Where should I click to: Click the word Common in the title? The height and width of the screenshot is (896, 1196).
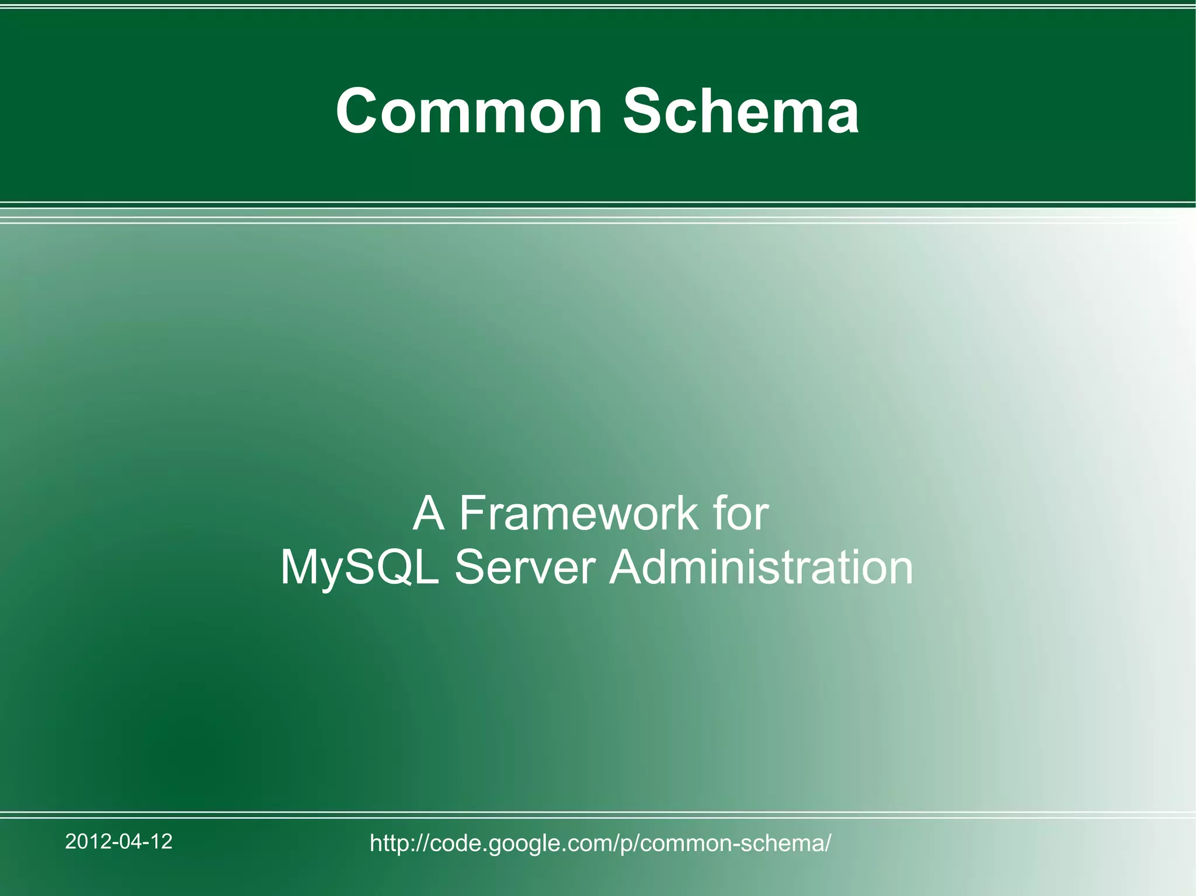pos(469,111)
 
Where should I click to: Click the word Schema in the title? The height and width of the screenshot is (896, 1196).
pos(740,111)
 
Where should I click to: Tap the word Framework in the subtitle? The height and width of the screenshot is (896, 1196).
pos(579,514)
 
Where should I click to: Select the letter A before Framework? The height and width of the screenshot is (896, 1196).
pos(429,514)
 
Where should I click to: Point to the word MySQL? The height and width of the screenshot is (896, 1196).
pos(360,567)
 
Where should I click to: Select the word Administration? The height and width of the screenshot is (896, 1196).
pos(761,567)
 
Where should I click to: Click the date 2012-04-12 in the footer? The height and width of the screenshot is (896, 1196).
pos(119,841)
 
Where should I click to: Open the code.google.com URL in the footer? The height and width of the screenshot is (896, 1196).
pos(600,843)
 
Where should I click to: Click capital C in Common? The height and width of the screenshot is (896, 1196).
pos(357,111)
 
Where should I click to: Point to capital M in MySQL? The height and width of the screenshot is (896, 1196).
pos(300,567)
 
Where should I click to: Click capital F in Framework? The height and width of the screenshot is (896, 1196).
pos(471,514)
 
